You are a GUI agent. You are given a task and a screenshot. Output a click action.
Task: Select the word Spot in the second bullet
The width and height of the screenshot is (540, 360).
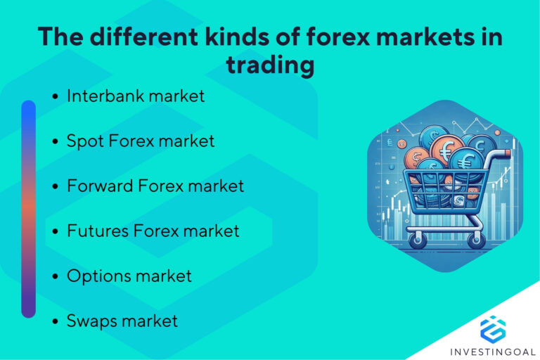coord(83,141)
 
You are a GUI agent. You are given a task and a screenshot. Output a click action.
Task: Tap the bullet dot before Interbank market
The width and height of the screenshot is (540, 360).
coord(56,96)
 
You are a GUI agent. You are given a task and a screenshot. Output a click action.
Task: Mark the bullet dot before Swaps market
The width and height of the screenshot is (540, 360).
coord(56,322)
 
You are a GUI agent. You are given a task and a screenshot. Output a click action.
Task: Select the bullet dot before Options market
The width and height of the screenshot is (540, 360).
coord(56,277)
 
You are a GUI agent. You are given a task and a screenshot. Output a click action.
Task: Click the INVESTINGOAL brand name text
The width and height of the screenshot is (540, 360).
coord(493,349)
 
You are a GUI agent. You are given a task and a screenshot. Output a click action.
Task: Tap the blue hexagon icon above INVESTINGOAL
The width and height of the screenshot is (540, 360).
coord(493,328)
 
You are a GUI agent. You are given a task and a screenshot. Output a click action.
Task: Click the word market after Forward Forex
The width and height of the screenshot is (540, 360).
coord(212,186)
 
